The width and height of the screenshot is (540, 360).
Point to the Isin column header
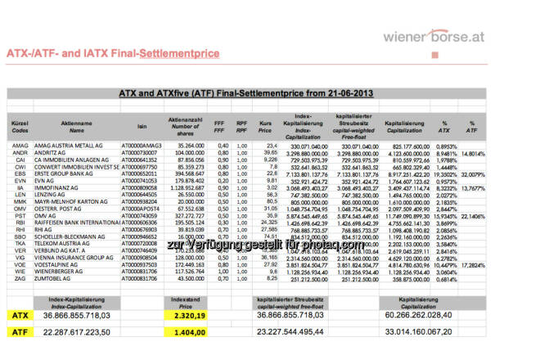tap(142, 128)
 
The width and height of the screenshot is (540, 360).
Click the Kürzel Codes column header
tap(20, 126)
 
